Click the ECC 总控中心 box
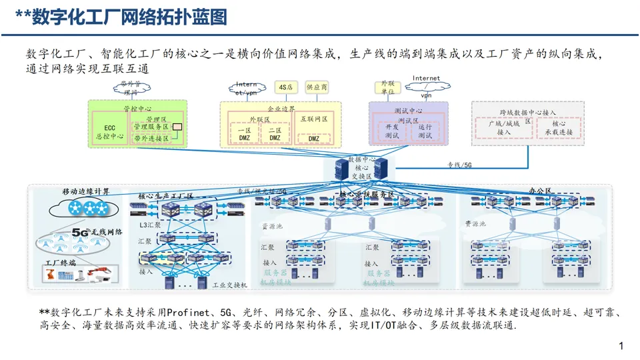point(109,131)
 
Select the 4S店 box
point(286,87)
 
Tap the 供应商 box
point(316,87)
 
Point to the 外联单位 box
point(387,87)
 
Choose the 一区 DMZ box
point(245,134)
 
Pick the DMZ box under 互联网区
point(313,138)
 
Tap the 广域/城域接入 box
point(503,128)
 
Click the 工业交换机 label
point(229,285)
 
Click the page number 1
point(621,346)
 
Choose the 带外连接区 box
point(151,138)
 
